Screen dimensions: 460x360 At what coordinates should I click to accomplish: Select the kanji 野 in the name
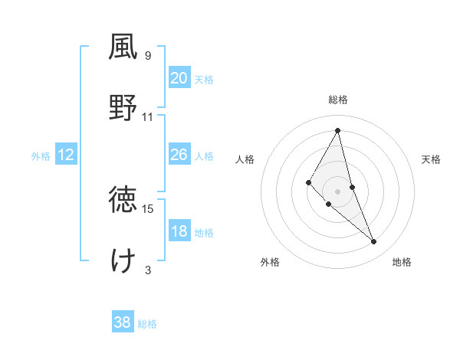point(123,107)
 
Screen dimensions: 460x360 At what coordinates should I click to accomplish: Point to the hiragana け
point(123,260)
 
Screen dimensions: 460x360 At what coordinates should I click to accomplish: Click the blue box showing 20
point(179,78)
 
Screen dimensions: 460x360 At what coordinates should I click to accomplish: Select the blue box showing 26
point(179,155)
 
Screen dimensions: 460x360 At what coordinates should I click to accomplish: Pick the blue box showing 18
point(179,231)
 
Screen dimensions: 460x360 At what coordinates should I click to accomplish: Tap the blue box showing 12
point(66,155)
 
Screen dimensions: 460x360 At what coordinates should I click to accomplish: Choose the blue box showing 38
point(123,322)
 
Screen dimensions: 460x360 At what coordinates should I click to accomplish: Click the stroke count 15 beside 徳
point(148,208)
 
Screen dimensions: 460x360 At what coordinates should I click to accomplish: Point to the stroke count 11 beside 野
point(148,116)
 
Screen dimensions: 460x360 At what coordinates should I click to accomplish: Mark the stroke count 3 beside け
point(148,270)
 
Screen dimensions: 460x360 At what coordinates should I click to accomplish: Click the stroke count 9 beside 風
point(148,55)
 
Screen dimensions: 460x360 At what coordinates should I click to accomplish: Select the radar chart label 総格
point(337,100)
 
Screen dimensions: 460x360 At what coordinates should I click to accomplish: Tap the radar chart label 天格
point(432,159)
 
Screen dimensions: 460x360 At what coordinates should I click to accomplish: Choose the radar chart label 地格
point(402,262)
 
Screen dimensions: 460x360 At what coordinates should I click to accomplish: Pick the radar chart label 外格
point(270,262)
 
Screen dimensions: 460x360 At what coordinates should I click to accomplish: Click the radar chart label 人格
point(245,159)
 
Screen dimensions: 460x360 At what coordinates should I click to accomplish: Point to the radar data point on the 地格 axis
point(374,241)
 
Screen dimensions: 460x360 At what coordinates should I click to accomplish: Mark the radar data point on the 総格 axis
point(337,130)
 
